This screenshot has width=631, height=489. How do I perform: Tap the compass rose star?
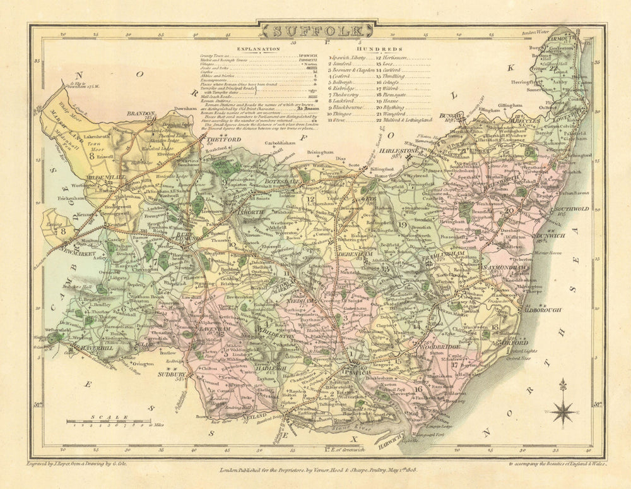point(562,411)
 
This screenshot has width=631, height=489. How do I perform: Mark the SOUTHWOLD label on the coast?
point(570,208)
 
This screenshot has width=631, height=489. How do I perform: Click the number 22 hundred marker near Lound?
point(554,68)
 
